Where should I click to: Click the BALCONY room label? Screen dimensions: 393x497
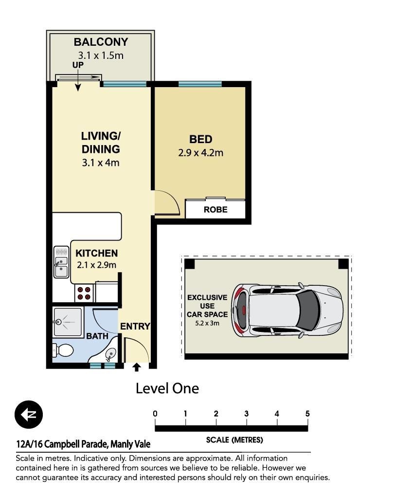point(101,42)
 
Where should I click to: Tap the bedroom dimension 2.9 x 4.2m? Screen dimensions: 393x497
point(200,153)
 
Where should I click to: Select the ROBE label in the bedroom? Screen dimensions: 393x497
point(215,209)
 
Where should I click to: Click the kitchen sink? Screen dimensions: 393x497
point(61,262)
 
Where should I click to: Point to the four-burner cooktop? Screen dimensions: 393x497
point(84,293)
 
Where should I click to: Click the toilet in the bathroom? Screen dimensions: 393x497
point(63,350)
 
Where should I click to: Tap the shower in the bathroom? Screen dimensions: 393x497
point(68,322)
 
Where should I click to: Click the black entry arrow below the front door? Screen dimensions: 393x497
point(136,367)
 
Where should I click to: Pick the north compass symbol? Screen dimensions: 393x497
point(29,415)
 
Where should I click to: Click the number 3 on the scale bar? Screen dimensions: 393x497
point(247,413)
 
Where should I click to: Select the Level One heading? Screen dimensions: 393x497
point(167,388)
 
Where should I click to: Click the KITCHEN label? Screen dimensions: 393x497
point(97,253)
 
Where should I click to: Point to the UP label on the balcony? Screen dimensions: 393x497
point(78,65)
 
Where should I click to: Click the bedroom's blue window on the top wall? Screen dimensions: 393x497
point(200,84)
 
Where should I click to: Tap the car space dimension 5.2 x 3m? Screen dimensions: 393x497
point(207,323)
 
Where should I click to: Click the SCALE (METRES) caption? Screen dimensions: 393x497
point(234,440)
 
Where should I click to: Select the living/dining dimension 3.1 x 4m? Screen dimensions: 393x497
point(101,163)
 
